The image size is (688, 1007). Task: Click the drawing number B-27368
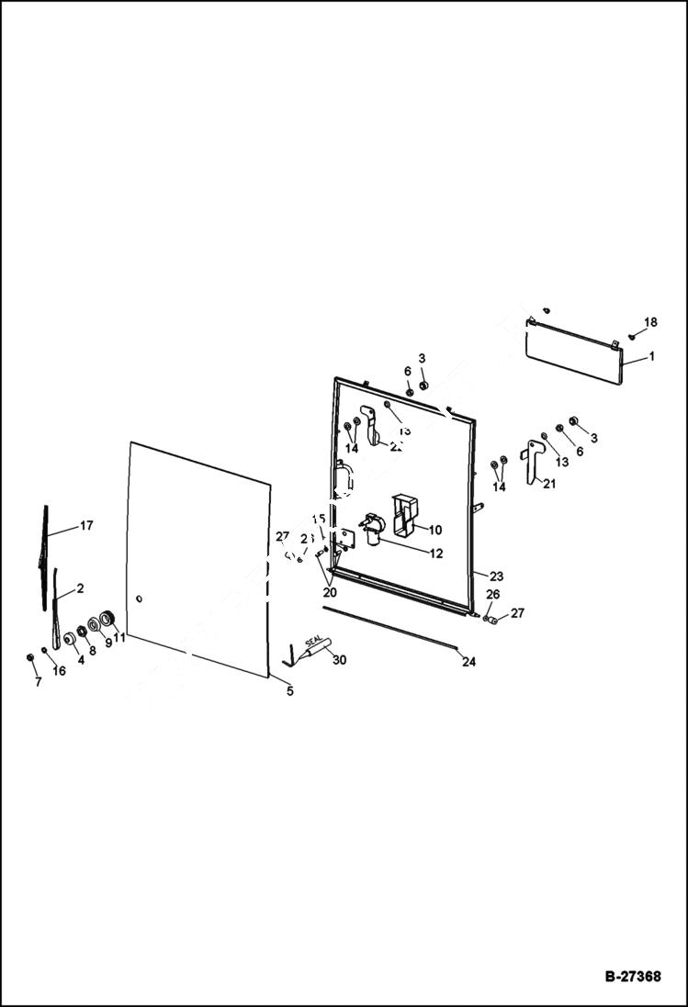point(632,977)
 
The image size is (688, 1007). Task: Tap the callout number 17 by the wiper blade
point(86,526)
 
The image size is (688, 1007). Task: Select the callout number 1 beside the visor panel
point(650,356)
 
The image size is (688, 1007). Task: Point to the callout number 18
point(650,322)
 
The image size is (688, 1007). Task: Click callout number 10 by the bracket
point(434,530)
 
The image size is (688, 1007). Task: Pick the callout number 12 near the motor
point(435,554)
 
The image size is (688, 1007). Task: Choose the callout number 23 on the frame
point(496,577)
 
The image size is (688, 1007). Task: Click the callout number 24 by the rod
point(469,661)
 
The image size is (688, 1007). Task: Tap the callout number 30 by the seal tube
point(339,659)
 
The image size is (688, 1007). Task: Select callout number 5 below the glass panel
point(289,691)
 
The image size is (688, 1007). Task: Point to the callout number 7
point(38,683)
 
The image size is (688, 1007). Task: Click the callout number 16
point(59,671)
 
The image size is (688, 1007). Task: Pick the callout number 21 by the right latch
point(549,484)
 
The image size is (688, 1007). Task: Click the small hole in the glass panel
point(139,599)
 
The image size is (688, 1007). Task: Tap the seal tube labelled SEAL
point(312,650)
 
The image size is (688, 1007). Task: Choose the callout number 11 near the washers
point(119,637)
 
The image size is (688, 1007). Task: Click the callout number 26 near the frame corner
point(492,595)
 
